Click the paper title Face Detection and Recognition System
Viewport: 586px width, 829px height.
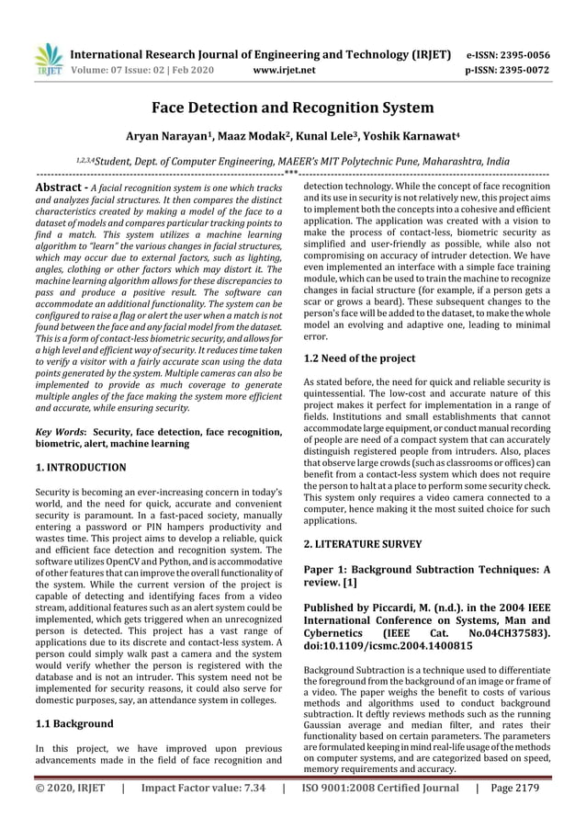coord(292,108)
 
